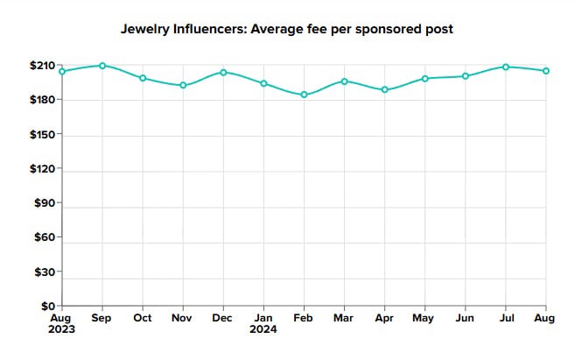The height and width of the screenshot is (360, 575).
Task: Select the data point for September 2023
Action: [102, 66]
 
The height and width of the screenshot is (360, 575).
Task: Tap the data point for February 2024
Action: [304, 95]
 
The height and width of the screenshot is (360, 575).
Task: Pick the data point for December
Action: [223, 72]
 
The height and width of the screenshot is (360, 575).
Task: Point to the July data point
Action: [506, 67]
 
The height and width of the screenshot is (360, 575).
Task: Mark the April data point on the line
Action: [384, 89]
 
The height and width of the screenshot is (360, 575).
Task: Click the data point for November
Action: [183, 85]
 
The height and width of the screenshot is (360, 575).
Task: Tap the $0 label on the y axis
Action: [49, 306]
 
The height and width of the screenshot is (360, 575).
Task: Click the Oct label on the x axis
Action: [143, 318]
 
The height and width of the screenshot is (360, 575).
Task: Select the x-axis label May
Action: [424, 318]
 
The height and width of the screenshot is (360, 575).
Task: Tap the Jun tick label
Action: [466, 318]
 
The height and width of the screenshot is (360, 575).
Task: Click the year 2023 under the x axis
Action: [62, 330]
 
